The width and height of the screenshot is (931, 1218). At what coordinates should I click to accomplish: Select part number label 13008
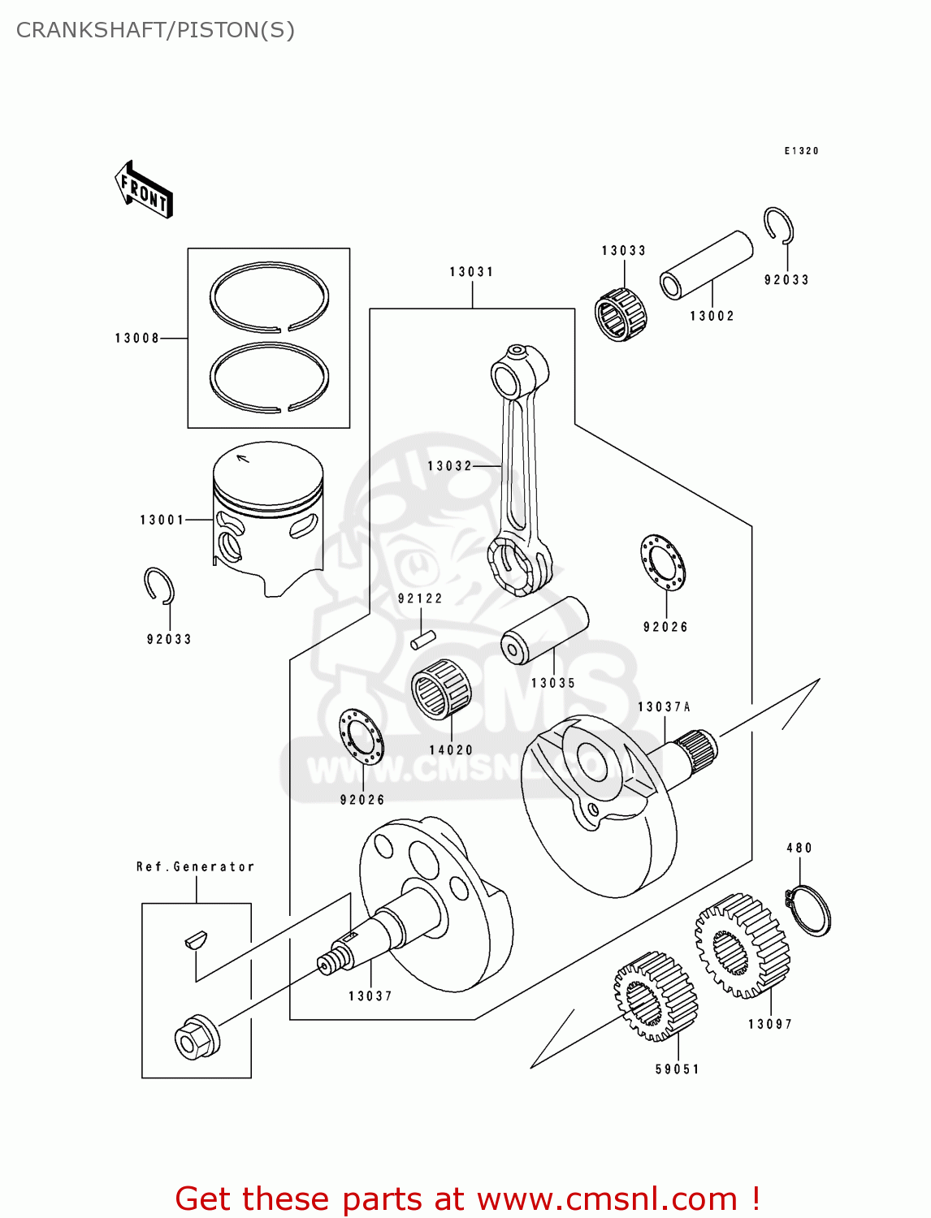coord(136,339)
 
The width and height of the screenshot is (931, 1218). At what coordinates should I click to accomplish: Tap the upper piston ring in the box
coord(269,297)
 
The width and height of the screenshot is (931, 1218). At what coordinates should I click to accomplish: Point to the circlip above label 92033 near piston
coord(160,585)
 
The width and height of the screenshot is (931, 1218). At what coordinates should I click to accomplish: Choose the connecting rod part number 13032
coord(449,466)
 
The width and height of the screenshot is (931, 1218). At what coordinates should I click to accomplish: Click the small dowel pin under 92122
coord(423,640)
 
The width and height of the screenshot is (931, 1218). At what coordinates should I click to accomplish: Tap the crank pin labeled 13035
coord(543,631)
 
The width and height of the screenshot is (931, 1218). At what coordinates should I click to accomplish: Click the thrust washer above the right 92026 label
coord(663,563)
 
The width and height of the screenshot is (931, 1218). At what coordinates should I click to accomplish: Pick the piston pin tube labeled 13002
coord(705,265)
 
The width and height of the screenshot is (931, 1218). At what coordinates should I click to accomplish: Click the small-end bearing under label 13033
coord(621,315)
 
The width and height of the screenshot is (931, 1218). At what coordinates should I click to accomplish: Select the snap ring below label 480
coord(808,909)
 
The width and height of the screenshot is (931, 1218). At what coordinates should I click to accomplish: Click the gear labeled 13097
coord(743,946)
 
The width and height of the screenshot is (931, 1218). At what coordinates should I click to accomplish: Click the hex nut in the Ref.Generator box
coord(197,1038)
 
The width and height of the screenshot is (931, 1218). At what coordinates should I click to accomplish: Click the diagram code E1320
coord(801,151)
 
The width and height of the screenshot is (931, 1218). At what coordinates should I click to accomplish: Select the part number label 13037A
coord(664,707)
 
